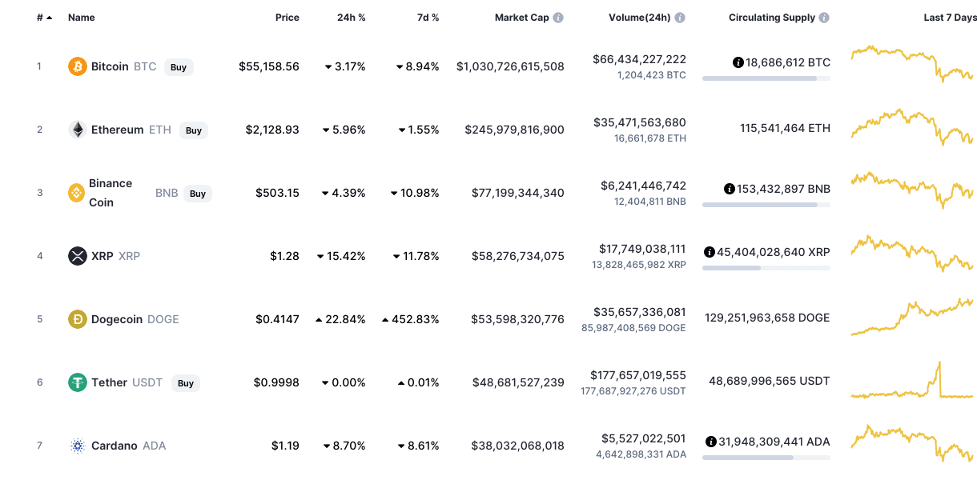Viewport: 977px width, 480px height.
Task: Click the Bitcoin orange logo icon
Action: click(x=77, y=66)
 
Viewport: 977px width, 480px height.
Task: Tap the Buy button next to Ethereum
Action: click(x=194, y=130)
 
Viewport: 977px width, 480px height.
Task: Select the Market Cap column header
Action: click(x=521, y=18)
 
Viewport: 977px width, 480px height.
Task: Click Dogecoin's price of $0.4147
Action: click(x=277, y=319)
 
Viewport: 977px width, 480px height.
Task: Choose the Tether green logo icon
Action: click(x=77, y=382)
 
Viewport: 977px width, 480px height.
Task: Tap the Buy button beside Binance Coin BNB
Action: click(x=198, y=194)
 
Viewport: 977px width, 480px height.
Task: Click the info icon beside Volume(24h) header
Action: click(x=680, y=18)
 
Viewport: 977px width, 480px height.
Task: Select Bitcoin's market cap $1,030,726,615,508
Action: click(x=510, y=66)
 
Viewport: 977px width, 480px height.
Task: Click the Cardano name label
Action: click(x=115, y=446)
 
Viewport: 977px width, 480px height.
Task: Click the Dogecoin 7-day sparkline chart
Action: click(x=912, y=317)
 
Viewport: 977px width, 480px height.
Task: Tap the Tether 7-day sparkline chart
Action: click(x=912, y=382)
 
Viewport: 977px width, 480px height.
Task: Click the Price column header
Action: click(x=287, y=18)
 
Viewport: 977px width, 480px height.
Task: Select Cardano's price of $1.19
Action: click(x=285, y=446)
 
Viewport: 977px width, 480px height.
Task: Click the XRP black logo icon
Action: click(x=77, y=256)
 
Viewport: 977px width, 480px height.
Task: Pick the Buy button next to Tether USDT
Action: click(x=186, y=383)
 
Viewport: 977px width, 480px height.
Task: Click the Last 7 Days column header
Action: click(x=950, y=18)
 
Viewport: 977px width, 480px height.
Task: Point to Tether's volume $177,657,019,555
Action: click(x=638, y=375)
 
